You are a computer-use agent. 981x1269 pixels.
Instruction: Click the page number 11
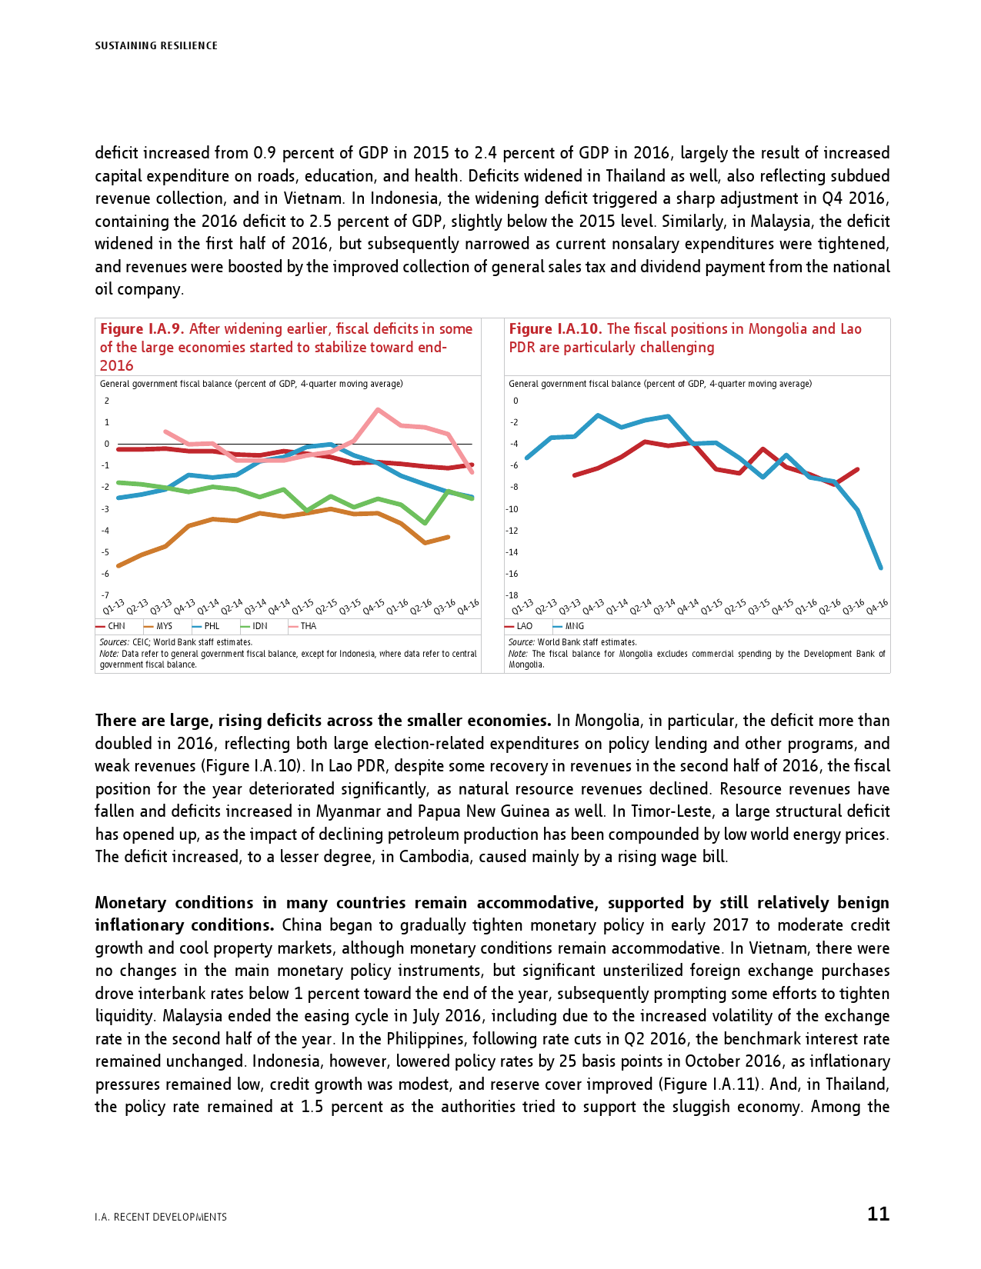pos(878,1214)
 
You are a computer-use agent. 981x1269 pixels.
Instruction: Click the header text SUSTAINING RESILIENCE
pos(156,46)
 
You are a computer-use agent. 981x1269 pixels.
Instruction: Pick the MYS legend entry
pos(158,626)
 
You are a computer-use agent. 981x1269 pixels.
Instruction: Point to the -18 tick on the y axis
pos(512,595)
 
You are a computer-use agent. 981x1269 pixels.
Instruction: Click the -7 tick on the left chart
pos(105,595)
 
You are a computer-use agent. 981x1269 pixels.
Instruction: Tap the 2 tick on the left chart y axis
pos(107,401)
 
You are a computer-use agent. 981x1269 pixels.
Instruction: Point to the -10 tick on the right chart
pos(512,509)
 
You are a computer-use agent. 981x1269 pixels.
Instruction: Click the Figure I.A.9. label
pos(142,329)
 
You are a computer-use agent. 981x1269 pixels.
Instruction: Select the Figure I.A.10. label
pos(555,329)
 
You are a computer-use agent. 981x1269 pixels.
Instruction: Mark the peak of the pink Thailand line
pos(377,410)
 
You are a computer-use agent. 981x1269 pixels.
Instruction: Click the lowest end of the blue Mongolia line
pos(880,568)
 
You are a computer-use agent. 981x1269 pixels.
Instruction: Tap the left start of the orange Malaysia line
pos(118,566)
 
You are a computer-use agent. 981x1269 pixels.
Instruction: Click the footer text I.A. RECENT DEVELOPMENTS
pos(161,1217)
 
